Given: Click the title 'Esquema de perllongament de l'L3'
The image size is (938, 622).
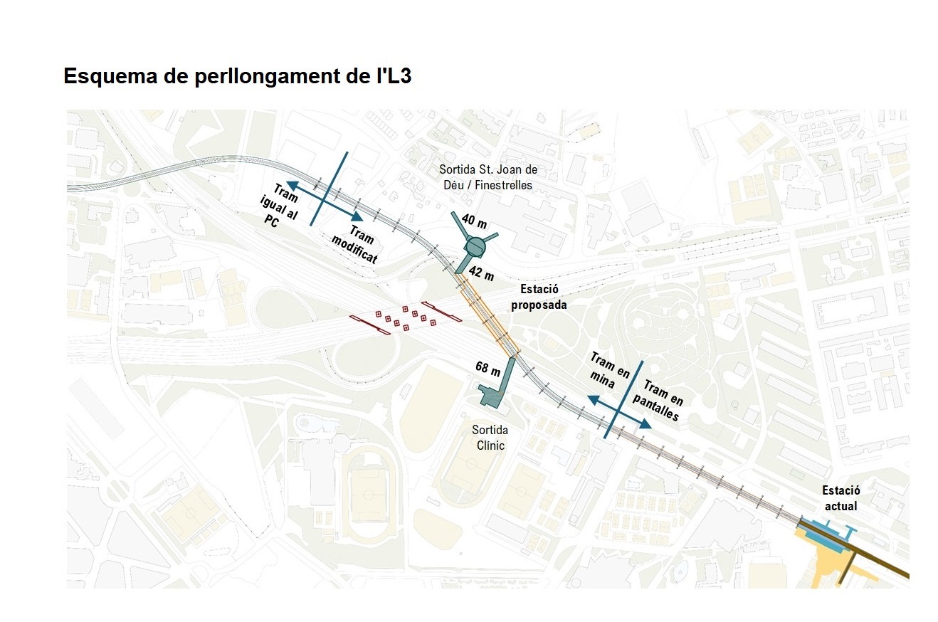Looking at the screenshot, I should click(x=237, y=77).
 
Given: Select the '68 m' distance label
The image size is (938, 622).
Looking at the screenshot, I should click(x=488, y=367).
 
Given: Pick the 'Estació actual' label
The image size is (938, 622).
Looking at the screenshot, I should click(x=840, y=498).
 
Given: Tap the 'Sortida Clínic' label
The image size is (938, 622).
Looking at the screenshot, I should click(x=490, y=438).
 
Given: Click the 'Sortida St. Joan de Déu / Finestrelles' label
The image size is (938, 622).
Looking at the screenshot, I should click(x=488, y=177).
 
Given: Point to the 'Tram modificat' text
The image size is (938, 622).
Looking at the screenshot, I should click(x=354, y=246).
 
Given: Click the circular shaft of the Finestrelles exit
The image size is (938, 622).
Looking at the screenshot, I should click(x=475, y=246).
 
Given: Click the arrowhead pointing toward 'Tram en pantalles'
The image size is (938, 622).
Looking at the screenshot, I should click(x=645, y=425).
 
